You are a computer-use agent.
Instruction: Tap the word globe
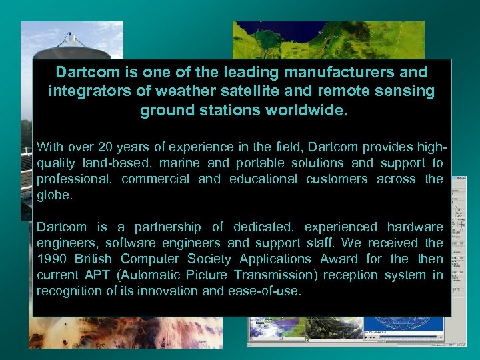click(x=52, y=195)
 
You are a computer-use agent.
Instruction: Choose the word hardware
click(x=413, y=227)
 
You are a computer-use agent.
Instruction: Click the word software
click(x=130, y=243)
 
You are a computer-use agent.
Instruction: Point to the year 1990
click(x=51, y=259)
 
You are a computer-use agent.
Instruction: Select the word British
click(x=97, y=259)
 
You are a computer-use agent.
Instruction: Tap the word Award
click(x=339, y=259)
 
